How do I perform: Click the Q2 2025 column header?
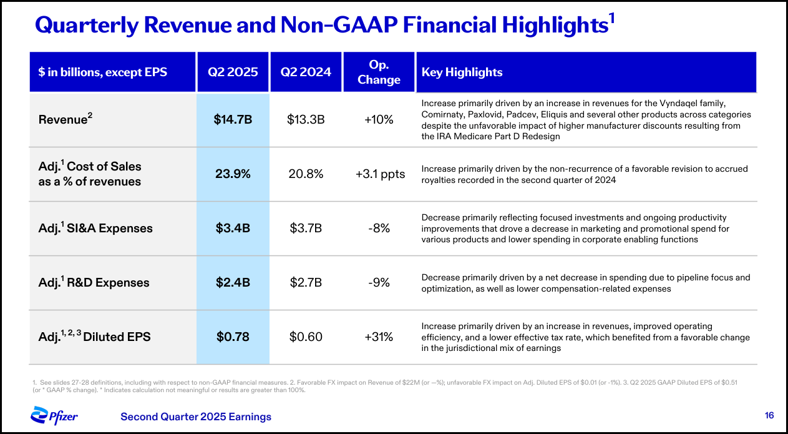(x=233, y=72)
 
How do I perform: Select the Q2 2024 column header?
(x=306, y=72)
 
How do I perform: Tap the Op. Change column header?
(x=379, y=72)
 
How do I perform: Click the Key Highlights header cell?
(x=462, y=72)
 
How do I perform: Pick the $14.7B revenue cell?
(x=233, y=120)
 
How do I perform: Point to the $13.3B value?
(x=306, y=120)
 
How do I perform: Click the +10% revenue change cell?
(x=379, y=120)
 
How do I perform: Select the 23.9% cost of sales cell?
(x=233, y=174)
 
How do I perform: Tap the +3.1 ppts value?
(x=380, y=174)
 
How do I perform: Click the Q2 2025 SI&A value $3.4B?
(x=233, y=229)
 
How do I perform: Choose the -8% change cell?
(x=379, y=229)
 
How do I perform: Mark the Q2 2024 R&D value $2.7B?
(x=306, y=283)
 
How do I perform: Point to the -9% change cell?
(x=379, y=283)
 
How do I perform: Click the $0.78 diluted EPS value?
(x=233, y=337)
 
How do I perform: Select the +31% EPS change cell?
(x=379, y=337)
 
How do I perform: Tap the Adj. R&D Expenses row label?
(x=94, y=283)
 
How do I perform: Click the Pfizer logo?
(x=54, y=415)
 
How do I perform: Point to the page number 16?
(x=769, y=415)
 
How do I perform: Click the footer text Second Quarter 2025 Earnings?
(x=196, y=417)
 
